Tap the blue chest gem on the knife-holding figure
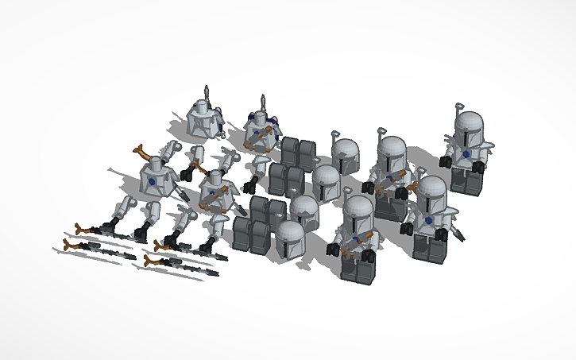coord(429,221)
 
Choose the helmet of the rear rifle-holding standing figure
coord(391,154)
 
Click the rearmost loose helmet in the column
coord(345,153)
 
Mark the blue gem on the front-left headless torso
coord(151,181)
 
